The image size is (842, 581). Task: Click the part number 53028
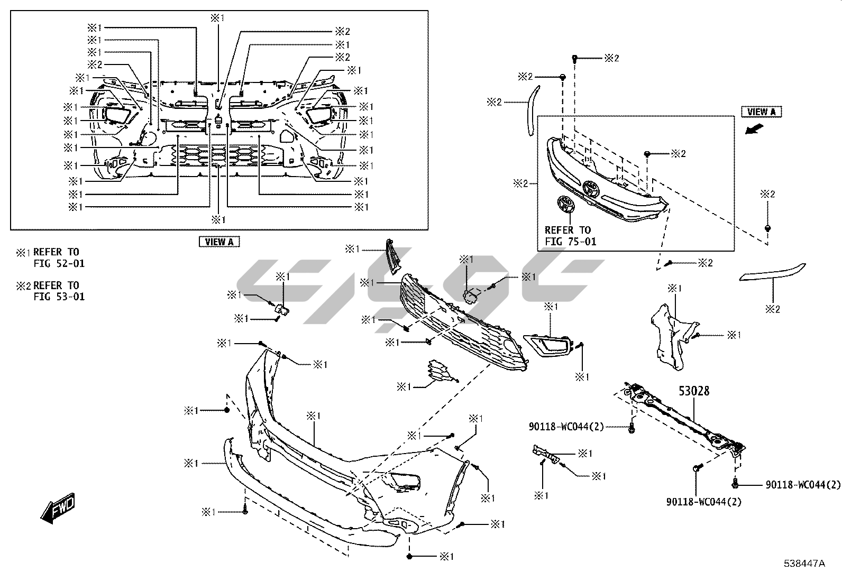coord(694,391)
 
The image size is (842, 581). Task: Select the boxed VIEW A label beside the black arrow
coord(761,112)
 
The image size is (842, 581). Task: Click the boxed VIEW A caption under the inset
coord(219,242)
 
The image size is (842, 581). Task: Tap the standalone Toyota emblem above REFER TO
coord(565,204)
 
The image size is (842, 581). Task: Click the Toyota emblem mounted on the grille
coord(590,189)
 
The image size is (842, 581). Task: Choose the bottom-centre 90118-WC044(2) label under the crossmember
coord(703,501)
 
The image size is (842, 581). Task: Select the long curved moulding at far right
coord(772,273)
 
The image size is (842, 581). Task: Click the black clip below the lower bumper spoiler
coord(410,556)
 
